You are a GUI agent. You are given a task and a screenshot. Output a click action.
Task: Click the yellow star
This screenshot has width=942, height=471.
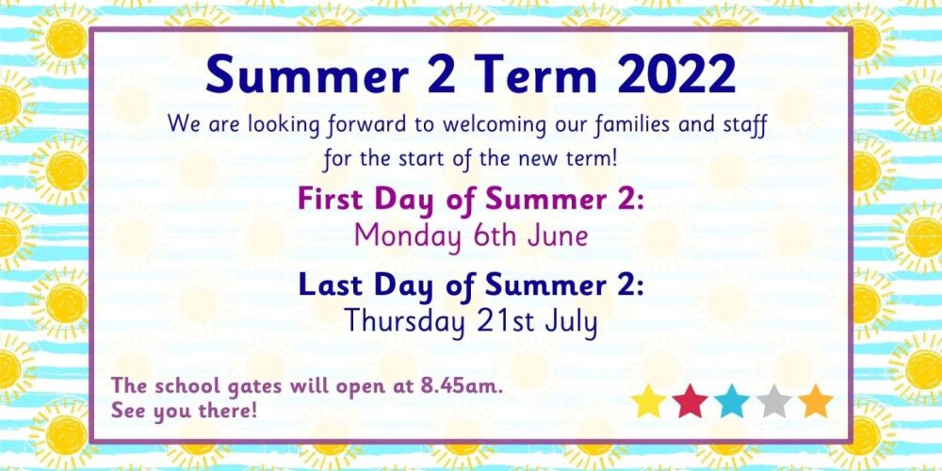(x=648, y=401)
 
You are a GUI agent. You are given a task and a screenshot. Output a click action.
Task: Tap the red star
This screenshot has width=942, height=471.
(x=690, y=401)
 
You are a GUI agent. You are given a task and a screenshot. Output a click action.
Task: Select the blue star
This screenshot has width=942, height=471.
(x=732, y=401)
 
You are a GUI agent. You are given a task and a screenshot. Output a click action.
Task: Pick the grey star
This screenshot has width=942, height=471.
(x=773, y=401)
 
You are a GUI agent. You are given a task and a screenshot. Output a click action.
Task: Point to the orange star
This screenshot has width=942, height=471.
(x=816, y=401)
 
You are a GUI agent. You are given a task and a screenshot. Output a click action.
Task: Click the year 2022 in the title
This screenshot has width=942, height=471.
(x=675, y=75)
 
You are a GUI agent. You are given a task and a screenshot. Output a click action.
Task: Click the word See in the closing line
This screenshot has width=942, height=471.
(x=127, y=412)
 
